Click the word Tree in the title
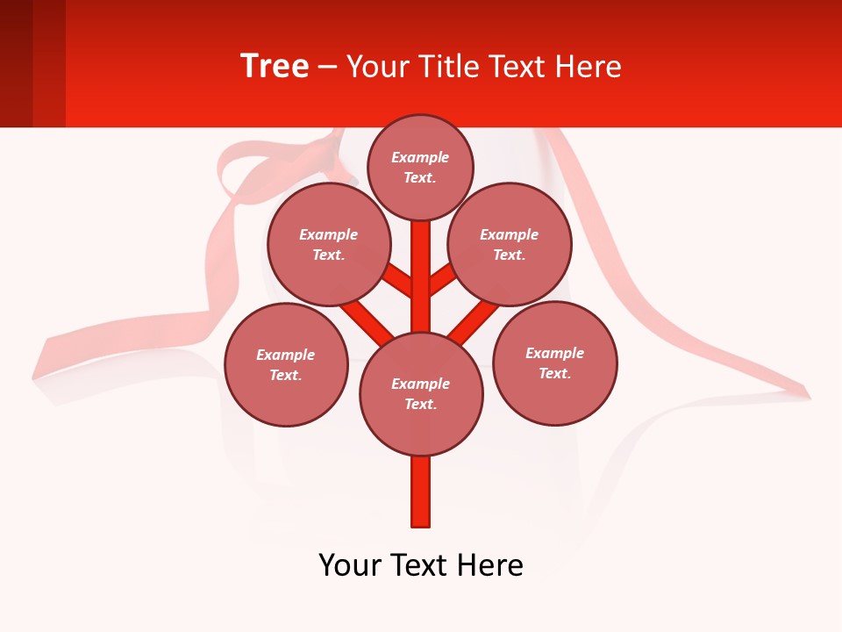pos(275,67)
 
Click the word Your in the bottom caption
pos(350,565)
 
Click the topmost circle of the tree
pos(420,167)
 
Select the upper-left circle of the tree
pos(329,244)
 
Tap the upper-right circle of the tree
pos(510,244)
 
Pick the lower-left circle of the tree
pos(286,364)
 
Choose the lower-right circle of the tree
pos(555,363)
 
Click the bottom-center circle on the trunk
pos(421,393)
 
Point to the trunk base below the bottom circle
pos(421,492)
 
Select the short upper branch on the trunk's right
pos(443,280)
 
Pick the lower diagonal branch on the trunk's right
pos(474,320)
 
